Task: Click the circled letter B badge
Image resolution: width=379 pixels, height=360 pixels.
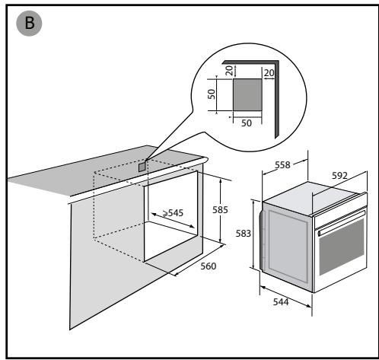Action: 29,23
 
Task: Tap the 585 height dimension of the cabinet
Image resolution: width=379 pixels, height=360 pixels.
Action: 220,210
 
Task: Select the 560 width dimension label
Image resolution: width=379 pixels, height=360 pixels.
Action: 209,266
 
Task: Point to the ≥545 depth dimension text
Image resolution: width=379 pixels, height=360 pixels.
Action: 173,213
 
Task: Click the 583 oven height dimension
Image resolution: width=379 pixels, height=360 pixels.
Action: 244,234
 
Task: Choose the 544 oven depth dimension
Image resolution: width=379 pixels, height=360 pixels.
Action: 281,302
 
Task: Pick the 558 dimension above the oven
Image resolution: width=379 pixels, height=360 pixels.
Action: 282,165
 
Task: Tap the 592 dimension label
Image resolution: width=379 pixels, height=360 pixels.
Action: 339,176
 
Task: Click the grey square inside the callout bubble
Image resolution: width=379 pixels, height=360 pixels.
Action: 247,94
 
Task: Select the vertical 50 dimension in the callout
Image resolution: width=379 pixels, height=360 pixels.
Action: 212,94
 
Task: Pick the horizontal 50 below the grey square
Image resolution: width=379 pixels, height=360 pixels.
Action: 247,123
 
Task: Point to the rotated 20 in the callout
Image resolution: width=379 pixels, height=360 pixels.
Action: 229,71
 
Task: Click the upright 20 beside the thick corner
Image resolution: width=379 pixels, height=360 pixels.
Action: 269,73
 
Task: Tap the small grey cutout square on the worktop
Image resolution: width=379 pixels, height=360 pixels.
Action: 142,167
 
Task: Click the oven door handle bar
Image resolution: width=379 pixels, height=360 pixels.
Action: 341,222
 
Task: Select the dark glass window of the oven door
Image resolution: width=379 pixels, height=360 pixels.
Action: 342,247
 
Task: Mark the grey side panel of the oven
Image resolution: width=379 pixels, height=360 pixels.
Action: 288,247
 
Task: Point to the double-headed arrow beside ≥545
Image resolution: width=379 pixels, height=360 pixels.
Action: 173,221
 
